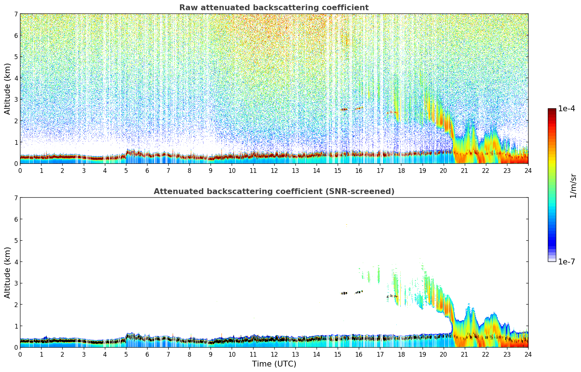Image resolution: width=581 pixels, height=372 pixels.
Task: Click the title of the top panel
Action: coord(274,8)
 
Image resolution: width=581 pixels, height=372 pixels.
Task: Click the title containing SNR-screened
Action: coord(274,191)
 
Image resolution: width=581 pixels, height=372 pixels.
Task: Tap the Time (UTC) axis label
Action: coord(274,364)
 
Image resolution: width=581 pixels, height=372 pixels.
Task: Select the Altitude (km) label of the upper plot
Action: coord(8,89)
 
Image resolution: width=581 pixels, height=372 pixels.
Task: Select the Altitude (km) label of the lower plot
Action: coord(8,272)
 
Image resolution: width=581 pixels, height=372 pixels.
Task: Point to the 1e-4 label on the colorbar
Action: coord(566,109)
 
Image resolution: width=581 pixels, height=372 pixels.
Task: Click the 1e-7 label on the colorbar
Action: coord(566,261)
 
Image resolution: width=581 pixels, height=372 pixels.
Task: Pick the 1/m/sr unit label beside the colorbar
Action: coord(573,186)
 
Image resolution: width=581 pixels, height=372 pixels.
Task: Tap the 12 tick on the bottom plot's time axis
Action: coord(274,354)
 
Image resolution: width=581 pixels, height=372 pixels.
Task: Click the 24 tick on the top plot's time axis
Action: coord(528,170)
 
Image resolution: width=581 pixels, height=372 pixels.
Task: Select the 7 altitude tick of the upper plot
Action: coord(16,14)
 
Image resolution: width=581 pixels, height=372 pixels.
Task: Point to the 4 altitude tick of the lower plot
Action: coord(16,262)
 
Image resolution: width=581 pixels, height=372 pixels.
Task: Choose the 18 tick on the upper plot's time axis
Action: coord(401,170)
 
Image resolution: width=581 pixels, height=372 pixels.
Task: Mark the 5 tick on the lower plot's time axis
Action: coord(126,354)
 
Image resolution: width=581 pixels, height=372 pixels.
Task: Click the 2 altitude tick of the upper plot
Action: coord(16,121)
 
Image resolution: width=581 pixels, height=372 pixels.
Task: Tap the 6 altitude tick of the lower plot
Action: coord(16,219)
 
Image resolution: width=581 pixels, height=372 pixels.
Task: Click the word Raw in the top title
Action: coord(187,8)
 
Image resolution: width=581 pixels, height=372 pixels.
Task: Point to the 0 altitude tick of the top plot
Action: coord(16,163)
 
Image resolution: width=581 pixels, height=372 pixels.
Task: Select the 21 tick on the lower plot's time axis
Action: coord(464,354)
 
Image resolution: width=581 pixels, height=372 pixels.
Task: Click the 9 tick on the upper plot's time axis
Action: coord(211,170)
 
